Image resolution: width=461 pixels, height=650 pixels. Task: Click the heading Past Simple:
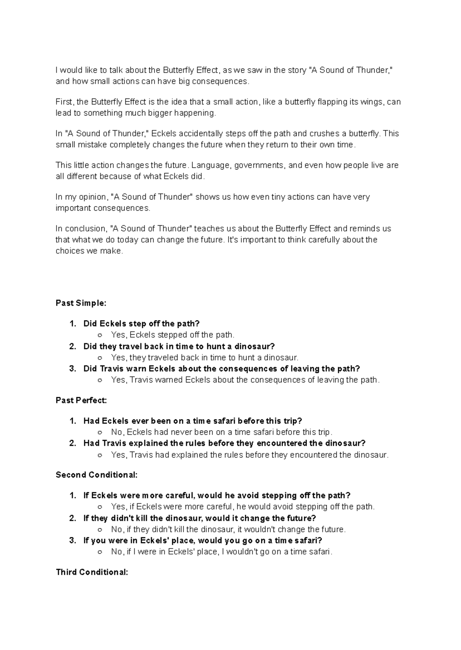[x=81, y=303]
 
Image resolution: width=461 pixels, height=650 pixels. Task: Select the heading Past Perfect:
[x=81, y=400]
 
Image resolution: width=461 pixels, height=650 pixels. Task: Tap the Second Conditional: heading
[x=96, y=475]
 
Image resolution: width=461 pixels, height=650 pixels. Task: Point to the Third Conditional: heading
[x=92, y=572]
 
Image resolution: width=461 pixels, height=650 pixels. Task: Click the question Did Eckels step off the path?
[x=141, y=323]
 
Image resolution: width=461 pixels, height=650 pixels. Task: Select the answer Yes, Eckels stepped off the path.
[x=172, y=335]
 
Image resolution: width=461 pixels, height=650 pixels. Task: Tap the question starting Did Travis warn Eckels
[x=221, y=369]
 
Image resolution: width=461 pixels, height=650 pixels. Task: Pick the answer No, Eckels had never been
[x=221, y=432]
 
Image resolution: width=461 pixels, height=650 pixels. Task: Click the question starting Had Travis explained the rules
[x=224, y=443]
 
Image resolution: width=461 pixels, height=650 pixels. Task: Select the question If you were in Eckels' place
[x=202, y=541]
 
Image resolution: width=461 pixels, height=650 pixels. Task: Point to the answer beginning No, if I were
[x=221, y=552]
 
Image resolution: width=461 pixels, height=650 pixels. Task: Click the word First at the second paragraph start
[x=64, y=102]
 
